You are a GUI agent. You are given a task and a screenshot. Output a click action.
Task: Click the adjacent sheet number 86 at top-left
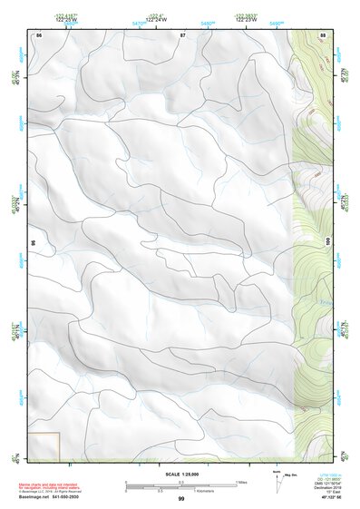[40, 34]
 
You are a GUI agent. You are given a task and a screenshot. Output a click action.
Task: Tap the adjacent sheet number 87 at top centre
[182, 34]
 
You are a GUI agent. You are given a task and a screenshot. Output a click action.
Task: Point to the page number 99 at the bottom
[181, 499]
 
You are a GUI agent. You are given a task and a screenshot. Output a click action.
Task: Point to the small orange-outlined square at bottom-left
[45, 445]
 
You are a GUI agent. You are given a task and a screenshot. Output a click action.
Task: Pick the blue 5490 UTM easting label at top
[277, 24]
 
